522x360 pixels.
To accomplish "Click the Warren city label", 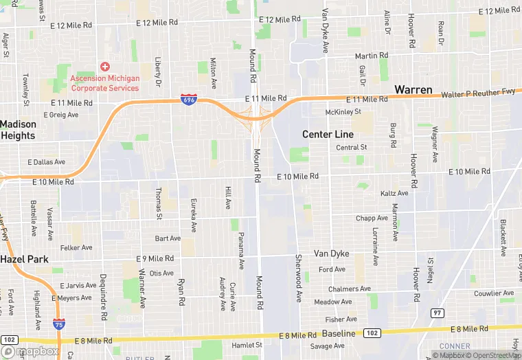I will (x=413, y=90).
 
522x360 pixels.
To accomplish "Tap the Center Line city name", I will (x=328, y=134).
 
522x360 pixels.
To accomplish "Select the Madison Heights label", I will (x=18, y=130).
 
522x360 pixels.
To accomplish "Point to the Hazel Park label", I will (x=23, y=259).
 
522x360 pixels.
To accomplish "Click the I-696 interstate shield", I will (x=188, y=100).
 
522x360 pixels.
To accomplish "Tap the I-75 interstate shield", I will (x=60, y=324).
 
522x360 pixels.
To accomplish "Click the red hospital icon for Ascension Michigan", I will (x=104, y=67).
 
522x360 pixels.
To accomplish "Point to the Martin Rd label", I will (x=371, y=56).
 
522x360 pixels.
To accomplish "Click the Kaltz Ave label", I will (x=394, y=194).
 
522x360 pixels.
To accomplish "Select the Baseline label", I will (x=339, y=333).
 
